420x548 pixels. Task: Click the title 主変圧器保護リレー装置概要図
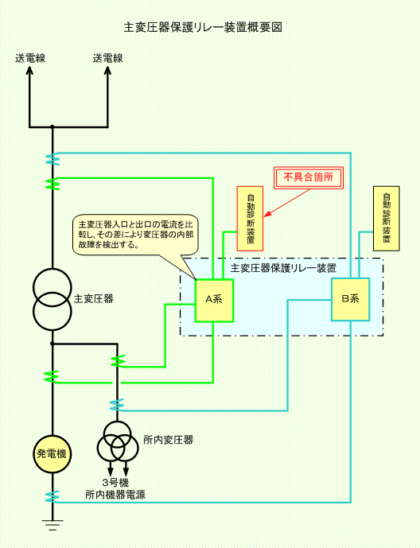[203, 27]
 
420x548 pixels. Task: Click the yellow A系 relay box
[214, 301]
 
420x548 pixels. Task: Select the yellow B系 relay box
[350, 299]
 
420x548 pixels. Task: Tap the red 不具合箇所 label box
[308, 177]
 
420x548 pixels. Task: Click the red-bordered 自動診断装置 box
[251, 219]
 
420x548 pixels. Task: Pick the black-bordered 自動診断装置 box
[387, 219]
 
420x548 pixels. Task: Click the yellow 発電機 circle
[52, 454]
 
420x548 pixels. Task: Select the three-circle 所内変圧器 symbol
[114, 442]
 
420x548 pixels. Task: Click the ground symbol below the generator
[52, 525]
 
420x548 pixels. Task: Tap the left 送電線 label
[30, 58]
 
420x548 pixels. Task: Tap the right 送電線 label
[107, 58]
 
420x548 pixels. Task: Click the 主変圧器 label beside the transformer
[94, 299]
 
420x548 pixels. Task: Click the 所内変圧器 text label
[169, 440]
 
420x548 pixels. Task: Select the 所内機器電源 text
[115, 495]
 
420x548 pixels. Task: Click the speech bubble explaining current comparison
[135, 235]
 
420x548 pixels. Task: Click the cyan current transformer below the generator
[52, 496]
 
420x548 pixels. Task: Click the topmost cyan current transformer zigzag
[52, 159]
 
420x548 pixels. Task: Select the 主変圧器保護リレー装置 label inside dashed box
[283, 268]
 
